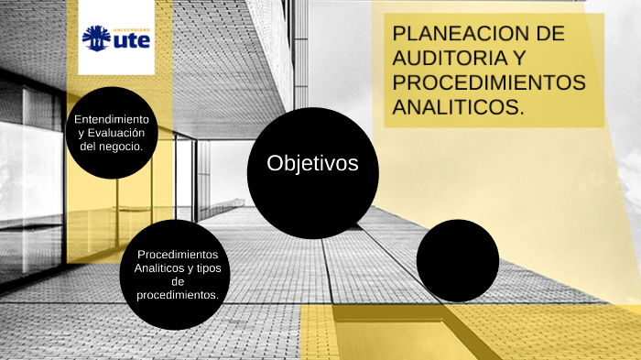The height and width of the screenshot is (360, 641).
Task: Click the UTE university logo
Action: [116, 38]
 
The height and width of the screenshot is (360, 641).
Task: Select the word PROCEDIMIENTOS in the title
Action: [488, 82]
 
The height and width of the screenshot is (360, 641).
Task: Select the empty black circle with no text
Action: [458, 260]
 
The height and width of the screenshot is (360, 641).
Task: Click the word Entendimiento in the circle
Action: [112, 120]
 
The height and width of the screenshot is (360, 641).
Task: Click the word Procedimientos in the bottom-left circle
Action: [178, 254]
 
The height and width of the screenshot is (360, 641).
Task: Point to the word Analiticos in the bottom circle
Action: [159, 267]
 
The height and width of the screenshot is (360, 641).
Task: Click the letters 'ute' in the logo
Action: [130, 40]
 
